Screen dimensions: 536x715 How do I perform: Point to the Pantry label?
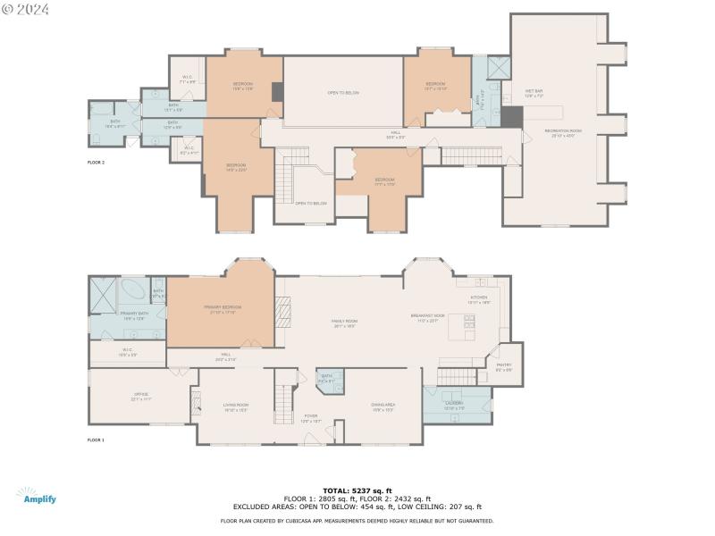504,366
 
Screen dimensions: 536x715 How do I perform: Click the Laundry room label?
455,406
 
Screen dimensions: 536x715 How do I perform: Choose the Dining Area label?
383,406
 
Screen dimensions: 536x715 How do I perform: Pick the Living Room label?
236,406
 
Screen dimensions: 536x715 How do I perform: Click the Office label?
140,396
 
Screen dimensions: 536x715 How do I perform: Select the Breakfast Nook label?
426,317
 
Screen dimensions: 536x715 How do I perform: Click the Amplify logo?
36,496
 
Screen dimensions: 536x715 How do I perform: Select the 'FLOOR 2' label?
96,163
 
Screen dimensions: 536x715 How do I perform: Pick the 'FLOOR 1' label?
96,440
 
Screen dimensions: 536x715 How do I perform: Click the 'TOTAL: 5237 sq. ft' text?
357,490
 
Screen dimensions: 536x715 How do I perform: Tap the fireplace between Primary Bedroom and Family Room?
282,311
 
